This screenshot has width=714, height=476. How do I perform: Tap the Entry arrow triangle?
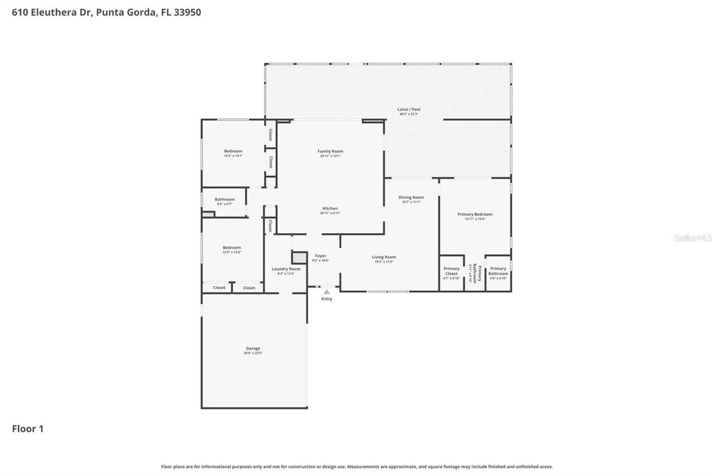coord(326,292)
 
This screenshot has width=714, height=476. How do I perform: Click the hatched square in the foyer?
coord(300,257)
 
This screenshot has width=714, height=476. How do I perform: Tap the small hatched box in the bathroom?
coord(208,214)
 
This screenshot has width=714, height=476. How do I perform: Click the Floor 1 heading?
coord(27,429)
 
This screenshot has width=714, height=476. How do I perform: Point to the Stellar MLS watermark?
coord(693,238)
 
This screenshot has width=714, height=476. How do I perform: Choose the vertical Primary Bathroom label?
coord(477,273)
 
